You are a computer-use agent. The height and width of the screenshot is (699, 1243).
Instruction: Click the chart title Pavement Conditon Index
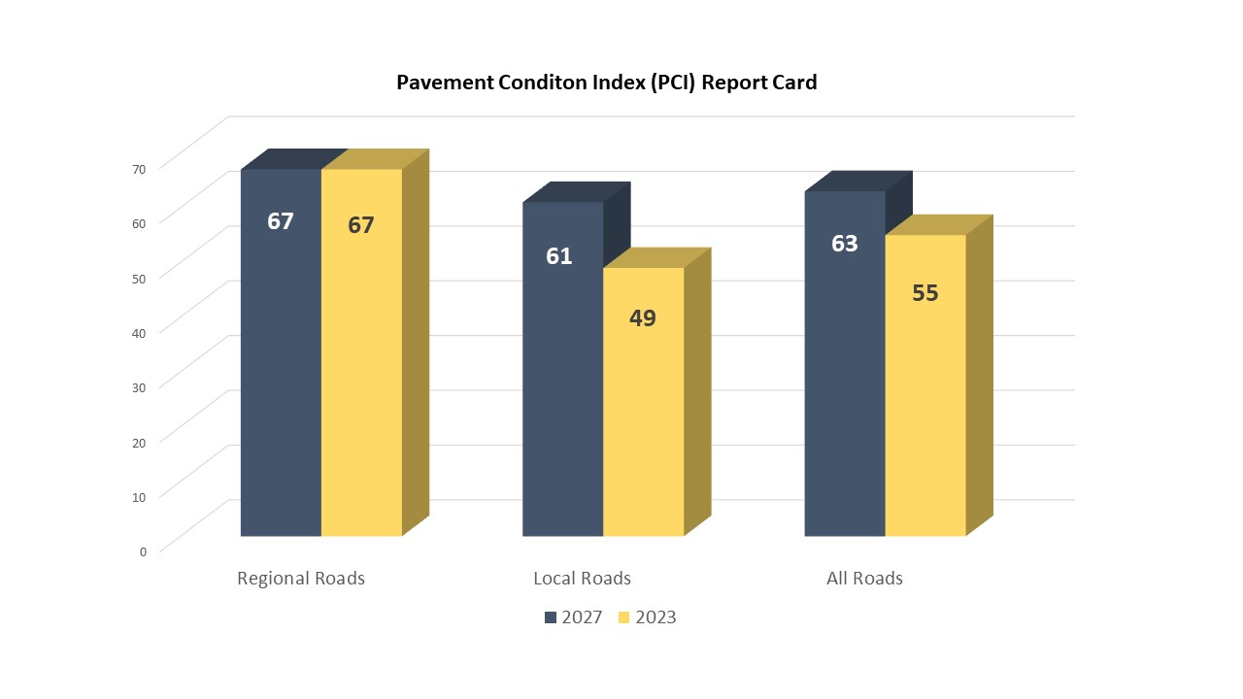click(x=606, y=83)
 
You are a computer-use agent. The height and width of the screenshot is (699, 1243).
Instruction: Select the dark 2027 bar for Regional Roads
click(x=281, y=369)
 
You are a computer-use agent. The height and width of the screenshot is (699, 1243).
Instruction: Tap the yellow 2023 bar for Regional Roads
click(x=361, y=369)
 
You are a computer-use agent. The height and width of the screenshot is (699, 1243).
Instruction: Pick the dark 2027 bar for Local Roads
click(x=562, y=388)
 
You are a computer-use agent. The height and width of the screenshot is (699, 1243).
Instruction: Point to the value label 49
click(x=643, y=317)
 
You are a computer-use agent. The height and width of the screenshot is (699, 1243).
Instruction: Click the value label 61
click(x=559, y=256)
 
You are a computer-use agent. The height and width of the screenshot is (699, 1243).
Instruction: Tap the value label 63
click(x=845, y=244)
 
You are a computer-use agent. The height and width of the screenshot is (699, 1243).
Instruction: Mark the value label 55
click(x=925, y=293)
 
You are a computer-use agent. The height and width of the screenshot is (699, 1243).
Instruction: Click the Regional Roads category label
click(x=301, y=579)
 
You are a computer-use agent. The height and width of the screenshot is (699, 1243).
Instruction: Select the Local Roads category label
click(x=582, y=579)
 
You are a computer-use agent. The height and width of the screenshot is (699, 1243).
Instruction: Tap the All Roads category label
click(x=864, y=579)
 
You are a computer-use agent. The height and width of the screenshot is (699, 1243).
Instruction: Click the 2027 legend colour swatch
click(x=551, y=617)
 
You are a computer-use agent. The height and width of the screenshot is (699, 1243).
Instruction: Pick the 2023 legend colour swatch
click(x=624, y=617)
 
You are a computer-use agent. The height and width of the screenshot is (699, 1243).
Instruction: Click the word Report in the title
click(x=732, y=83)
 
